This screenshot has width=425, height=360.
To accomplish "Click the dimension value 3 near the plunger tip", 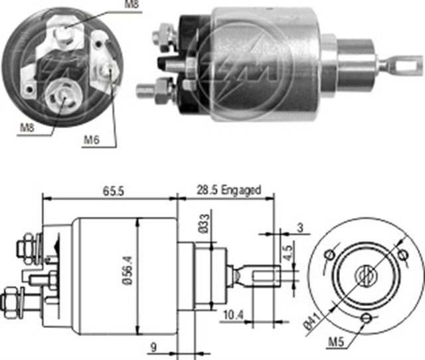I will [300, 228].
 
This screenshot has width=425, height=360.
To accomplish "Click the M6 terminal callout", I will [92, 140].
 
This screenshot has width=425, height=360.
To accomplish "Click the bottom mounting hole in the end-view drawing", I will [365, 319].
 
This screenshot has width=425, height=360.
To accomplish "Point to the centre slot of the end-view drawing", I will [365, 275].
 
